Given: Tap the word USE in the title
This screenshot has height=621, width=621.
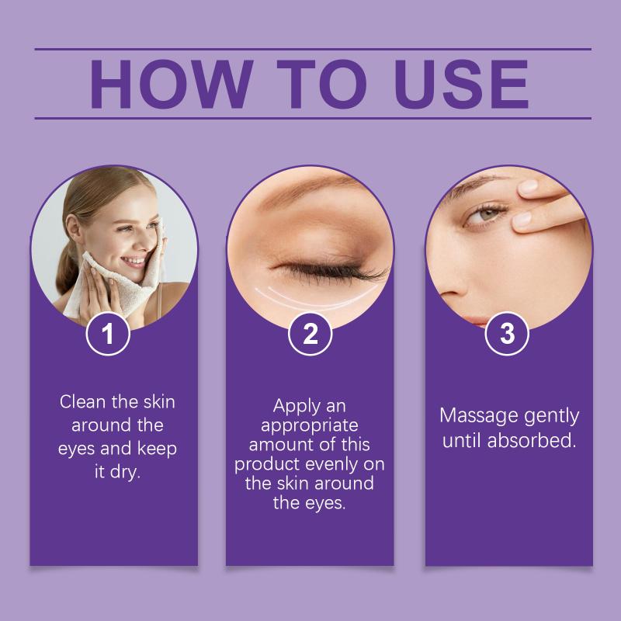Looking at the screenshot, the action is pyautogui.click(x=461, y=84).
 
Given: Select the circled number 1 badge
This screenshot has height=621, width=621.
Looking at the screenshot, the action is pyautogui.click(x=108, y=334).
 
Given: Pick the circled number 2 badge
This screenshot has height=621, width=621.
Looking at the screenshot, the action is pyautogui.click(x=310, y=334).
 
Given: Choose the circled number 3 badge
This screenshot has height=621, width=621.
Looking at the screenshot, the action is pyautogui.click(x=507, y=334).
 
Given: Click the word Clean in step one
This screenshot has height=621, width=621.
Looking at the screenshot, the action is pyautogui.click(x=83, y=401).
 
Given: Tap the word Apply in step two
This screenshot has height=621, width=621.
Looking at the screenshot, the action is pyautogui.click(x=297, y=406).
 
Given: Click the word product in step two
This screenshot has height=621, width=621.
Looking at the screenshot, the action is pyautogui.click(x=266, y=465).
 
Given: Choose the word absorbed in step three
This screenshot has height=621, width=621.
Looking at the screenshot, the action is pyautogui.click(x=531, y=440).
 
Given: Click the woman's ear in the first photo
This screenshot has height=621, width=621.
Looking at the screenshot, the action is pyautogui.click(x=73, y=229).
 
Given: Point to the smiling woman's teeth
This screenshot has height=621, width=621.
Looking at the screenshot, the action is pyautogui.click(x=134, y=261).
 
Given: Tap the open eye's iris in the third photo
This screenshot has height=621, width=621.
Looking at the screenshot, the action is pyautogui.click(x=488, y=214).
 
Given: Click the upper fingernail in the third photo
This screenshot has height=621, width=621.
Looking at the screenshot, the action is pyautogui.click(x=529, y=186).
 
